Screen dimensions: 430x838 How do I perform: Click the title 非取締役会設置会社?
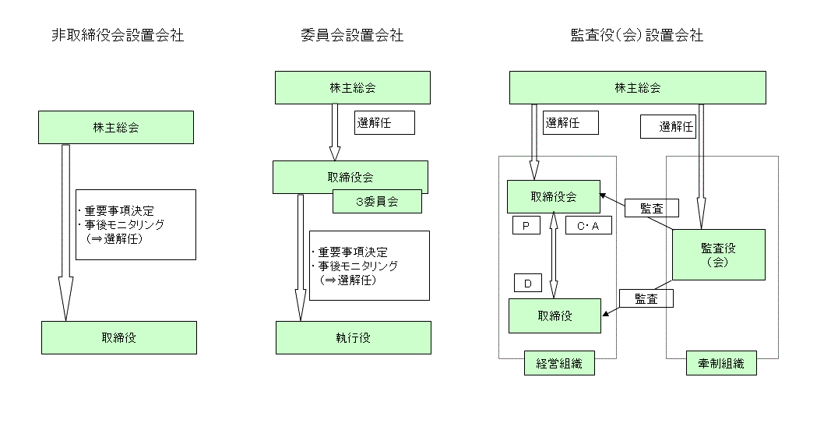[x=116, y=35]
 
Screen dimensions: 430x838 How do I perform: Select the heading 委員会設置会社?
[x=352, y=35]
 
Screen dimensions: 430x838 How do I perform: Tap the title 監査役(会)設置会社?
[x=636, y=35]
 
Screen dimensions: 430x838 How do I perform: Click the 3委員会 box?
[x=377, y=201]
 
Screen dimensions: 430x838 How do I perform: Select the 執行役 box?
[x=353, y=337]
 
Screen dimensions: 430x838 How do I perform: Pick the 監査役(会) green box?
[x=719, y=255]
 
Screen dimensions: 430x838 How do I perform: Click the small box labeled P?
[x=526, y=225]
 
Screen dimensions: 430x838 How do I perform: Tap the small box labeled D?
[x=527, y=283]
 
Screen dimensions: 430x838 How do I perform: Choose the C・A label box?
[x=588, y=225]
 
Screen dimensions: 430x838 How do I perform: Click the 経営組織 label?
[x=558, y=363]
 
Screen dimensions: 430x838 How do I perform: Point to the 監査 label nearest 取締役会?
[x=652, y=206]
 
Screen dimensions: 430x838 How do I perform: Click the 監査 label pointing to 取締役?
[x=646, y=298]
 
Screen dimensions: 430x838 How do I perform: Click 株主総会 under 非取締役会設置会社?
[x=115, y=127]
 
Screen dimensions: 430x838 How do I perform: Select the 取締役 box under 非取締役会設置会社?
[x=118, y=337]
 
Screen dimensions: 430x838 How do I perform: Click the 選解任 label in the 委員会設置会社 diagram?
[x=385, y=122]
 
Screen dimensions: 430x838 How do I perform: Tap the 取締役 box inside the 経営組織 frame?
[x=555, y=315]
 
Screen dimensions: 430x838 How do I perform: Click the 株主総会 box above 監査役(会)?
[x=638, y=87]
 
